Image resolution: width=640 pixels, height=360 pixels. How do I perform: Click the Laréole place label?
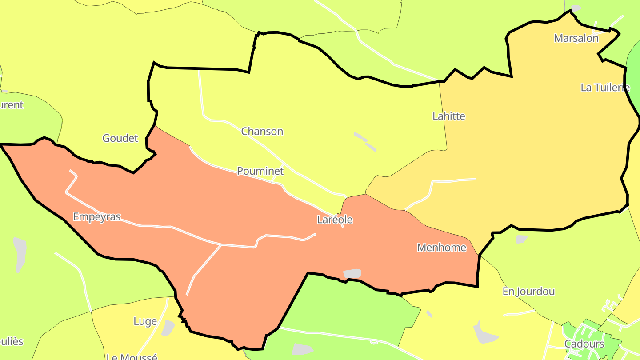(x=335, y=220)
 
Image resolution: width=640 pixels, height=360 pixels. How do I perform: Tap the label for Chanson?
(x=262, y=132)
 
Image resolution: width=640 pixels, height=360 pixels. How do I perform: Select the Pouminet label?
(x=260, y=171)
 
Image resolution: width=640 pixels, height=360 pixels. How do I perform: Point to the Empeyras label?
(x=97, y=217)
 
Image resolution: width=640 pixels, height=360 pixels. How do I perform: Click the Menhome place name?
(x=441, y=248)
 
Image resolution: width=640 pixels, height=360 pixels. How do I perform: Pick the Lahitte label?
(x=449, y=116)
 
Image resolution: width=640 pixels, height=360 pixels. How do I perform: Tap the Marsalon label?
(x=576, y=38)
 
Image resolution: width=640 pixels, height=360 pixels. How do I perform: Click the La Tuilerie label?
(x=605, y=88)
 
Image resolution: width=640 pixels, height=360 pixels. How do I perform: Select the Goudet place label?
(x=120, y=138)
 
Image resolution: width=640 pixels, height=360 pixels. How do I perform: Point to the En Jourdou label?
(x=528, y=292)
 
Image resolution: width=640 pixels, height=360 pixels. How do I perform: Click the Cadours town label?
(x=584, y=344)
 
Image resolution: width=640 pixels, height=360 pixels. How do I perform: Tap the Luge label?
(x=145, y=321)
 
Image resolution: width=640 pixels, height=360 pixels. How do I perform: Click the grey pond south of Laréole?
(x=352, y=274)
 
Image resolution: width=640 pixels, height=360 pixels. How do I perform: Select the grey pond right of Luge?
(x=168, y=328)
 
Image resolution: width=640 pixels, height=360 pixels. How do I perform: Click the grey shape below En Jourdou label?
(x=483, y=332)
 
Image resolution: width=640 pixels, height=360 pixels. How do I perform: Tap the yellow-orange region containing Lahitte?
(x=533, y=156)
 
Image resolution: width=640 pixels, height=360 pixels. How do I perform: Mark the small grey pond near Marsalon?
(x=576, y=8)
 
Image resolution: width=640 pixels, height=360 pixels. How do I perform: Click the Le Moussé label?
(x=132, y=356)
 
